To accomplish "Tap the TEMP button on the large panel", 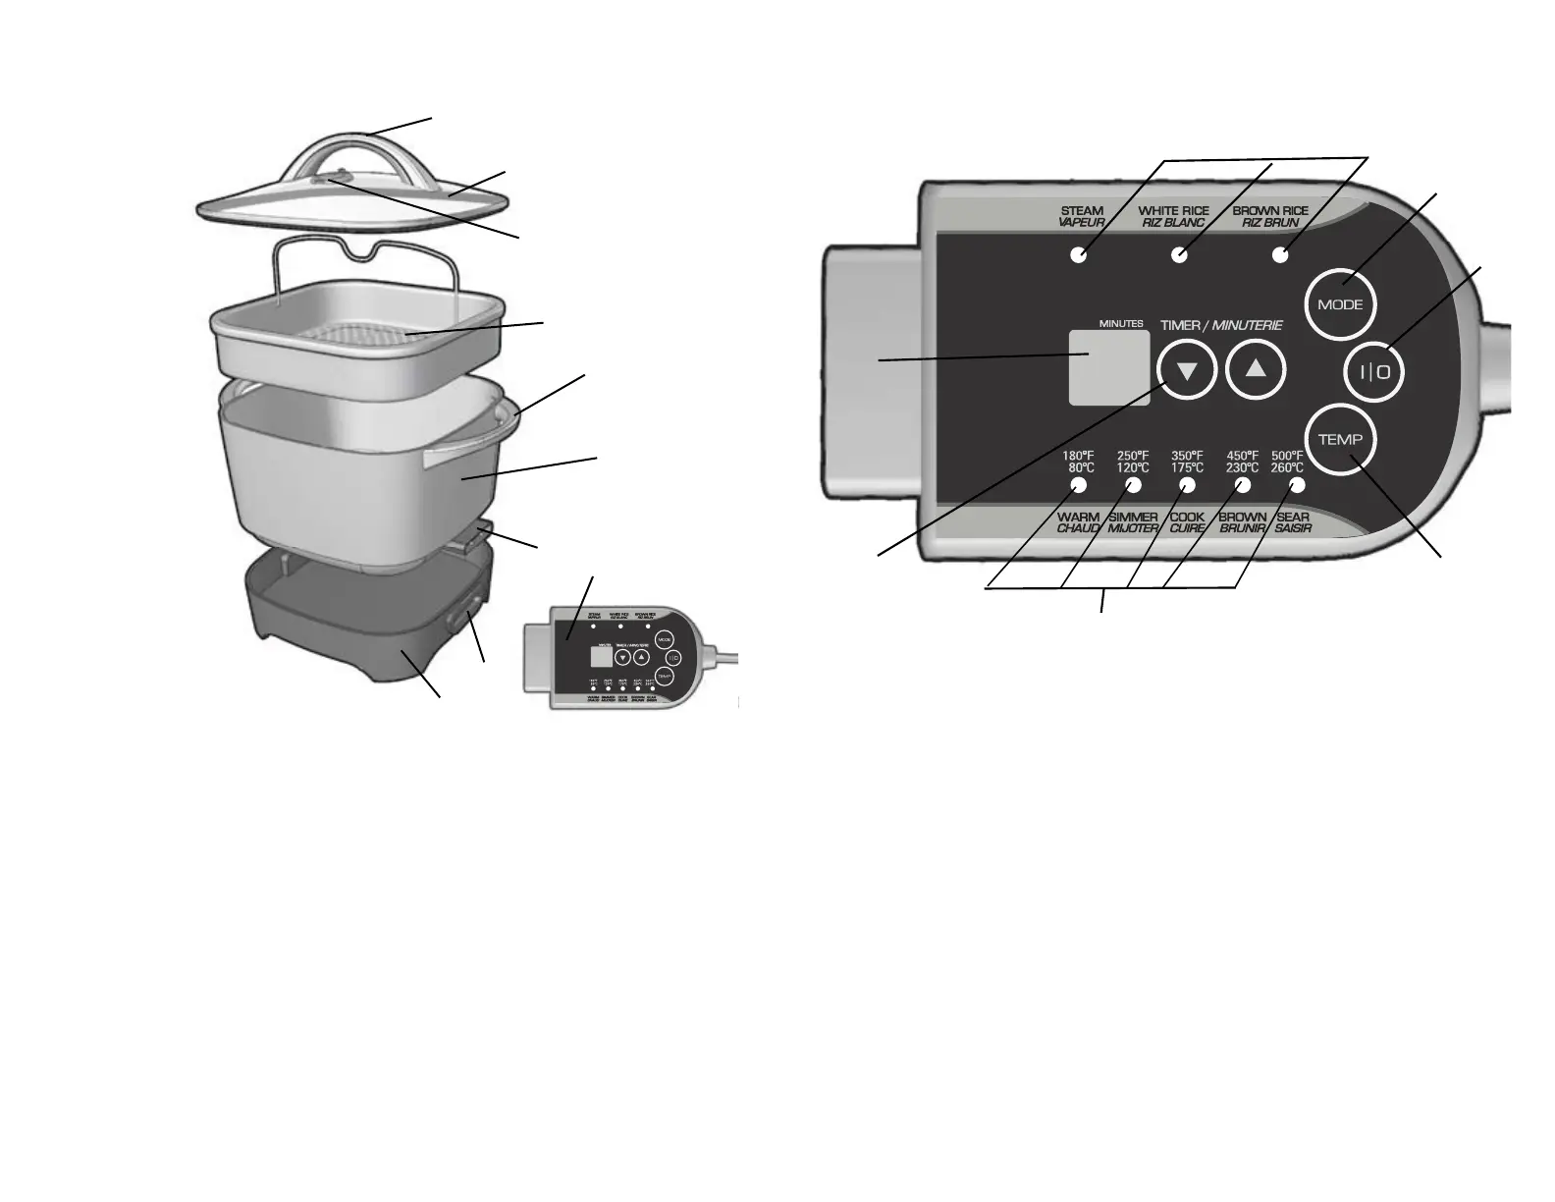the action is pos(1341,439).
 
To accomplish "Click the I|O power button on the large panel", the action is pos(1373,372).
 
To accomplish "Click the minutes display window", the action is pos(1109,366).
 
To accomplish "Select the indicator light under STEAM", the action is pos(1078,255).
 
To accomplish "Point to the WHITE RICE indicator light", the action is pos(1180,255).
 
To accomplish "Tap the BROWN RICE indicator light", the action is pos(1279,255).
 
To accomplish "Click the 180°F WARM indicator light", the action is pos(1078,486).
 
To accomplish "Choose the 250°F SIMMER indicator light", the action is pos(1133,486).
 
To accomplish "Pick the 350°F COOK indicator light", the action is pos(1188,486).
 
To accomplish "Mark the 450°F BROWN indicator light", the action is pos(1243,486).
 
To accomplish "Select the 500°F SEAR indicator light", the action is pos(1297,486).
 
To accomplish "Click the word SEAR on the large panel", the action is pos(1293,518).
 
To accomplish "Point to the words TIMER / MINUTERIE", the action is pos(1221,325).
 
